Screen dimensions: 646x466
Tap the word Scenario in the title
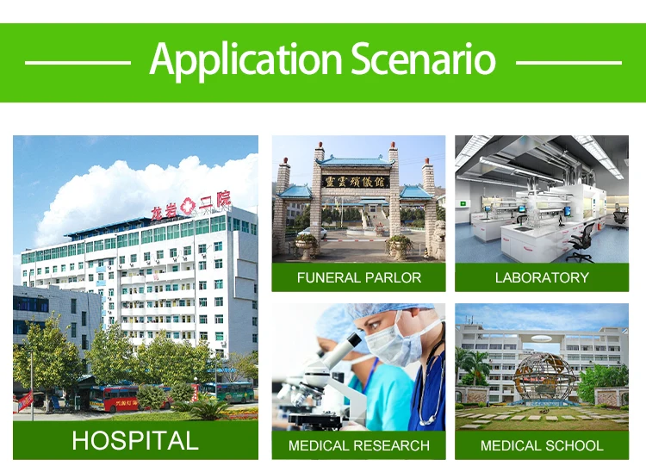tap(424, 59)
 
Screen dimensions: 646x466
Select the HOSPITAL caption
tap(135, 440)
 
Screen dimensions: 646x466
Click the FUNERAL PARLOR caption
tap(359, 277)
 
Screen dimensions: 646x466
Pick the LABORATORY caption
tap(542, 277)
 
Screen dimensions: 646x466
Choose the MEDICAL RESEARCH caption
tap(359, 445)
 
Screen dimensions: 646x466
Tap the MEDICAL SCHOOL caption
tap(542, 445)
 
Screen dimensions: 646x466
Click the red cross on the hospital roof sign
tap(188, 206)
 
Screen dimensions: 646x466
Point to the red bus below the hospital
tap(114, 399)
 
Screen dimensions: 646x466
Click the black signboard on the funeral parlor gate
tap(356, 182)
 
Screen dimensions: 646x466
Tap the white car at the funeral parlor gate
tap(313, 233)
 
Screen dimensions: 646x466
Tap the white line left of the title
tap(78, 63)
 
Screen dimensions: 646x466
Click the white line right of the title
tap(568, 63)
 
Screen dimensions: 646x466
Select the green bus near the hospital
tap(228, 392)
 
